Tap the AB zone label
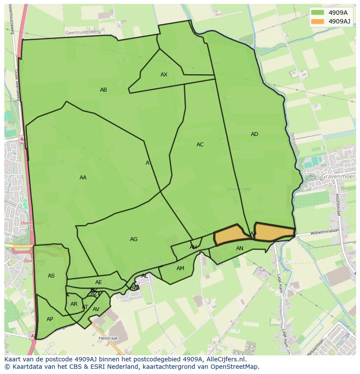pos(103,90)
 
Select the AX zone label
pos(164,75)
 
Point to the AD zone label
pos(254,134)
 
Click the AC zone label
pos(200,145)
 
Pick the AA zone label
pos(83,178)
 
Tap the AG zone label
pos(133,239)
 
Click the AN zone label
pos(240,248)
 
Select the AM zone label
pos(180,268)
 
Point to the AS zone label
pos(51,276)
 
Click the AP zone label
pos(50,319)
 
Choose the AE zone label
pos(99,282)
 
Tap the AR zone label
pos(74,304)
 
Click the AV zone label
pos(96,309)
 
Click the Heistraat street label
pos(108,338)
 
